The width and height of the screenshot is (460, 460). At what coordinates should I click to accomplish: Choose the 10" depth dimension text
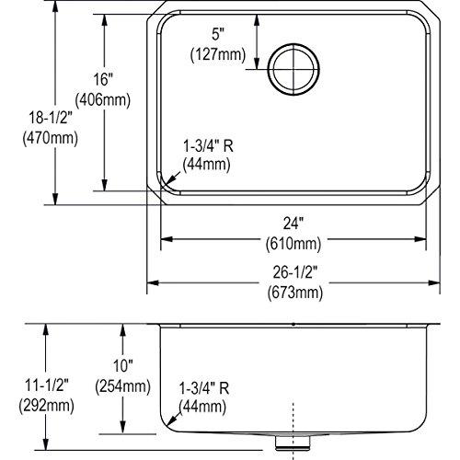pyautogui.click(x=109, y=366)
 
